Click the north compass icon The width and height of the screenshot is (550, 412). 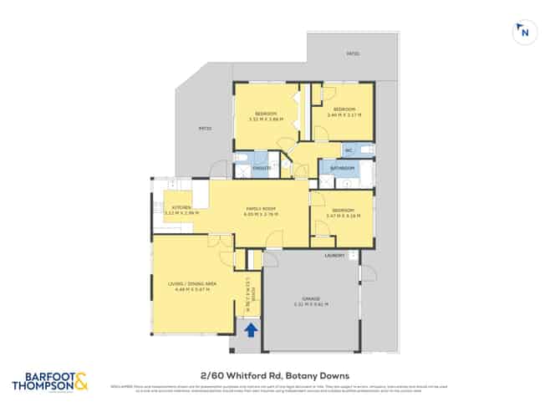pos(523,32)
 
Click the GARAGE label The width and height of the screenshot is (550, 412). pos(311,298)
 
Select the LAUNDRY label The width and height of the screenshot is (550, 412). pos(335,256)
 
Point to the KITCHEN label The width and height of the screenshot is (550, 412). pos(181,207)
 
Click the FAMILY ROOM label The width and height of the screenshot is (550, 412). pos(261,208)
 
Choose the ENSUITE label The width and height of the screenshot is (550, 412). pos(260,168)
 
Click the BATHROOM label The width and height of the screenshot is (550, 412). pos(343,168)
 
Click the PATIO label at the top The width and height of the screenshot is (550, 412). pos(353,54)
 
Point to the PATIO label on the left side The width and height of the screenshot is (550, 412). pos(204,129)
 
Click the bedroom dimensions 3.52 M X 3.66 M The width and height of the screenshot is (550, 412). pos(266,119)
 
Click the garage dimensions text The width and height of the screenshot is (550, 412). pos(311,303)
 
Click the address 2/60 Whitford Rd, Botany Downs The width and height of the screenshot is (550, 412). pos(274,376)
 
